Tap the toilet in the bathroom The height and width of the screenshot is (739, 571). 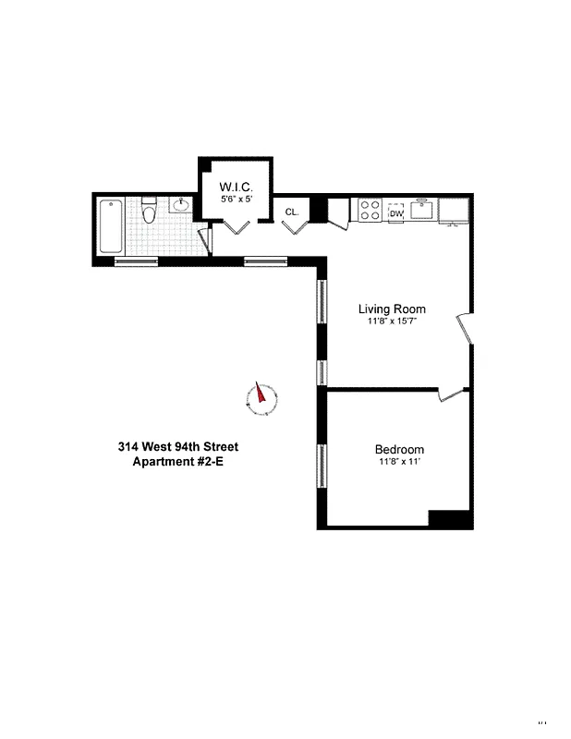150,215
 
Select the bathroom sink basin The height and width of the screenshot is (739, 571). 182,205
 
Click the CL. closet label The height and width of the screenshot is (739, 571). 292,212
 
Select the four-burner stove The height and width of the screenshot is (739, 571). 371,210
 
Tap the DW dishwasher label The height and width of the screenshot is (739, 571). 397,213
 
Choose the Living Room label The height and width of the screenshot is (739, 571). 393,309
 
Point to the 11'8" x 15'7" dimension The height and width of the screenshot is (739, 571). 393,321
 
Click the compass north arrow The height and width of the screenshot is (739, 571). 261,397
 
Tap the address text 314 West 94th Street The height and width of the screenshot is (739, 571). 178,447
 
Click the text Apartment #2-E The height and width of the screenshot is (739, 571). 178,462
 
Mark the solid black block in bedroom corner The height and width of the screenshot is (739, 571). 450,519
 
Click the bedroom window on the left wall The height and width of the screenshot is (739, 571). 322,466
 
